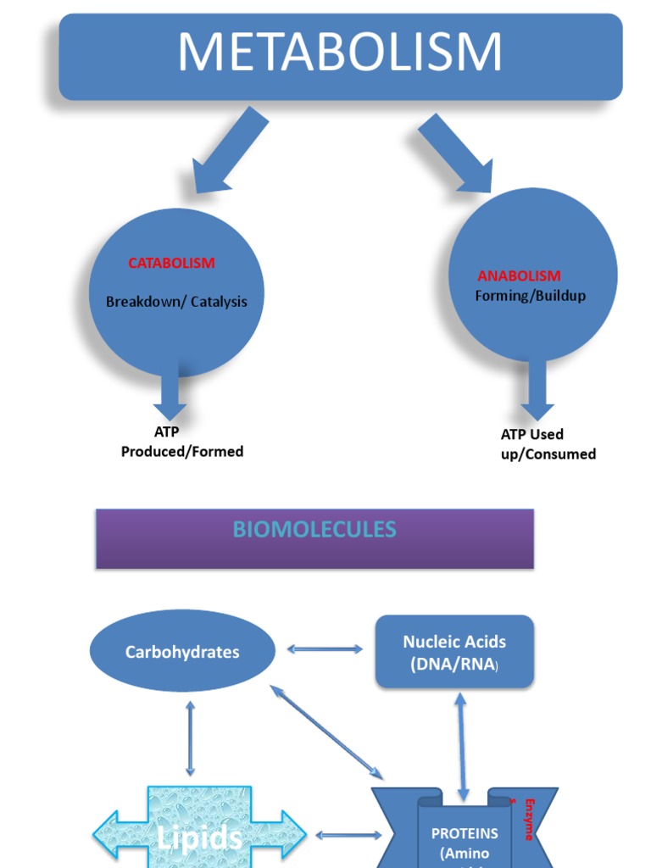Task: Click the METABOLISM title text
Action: click(340, 53)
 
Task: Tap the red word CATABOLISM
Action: click(171, 263)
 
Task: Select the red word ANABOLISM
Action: click(519, 275)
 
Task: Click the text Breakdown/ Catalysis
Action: click(176, 302)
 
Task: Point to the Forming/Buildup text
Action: click(530, 296)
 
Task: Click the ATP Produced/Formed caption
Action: click(181, 442)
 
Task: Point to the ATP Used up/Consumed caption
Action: click(548, 444)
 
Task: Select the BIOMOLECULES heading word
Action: click(314, 530)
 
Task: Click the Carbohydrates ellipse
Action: click(182, 652)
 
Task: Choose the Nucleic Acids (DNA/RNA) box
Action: click(454, 652)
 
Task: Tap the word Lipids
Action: click(199, 837)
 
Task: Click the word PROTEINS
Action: click(465, 833)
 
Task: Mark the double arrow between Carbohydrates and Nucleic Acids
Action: click(325, 649)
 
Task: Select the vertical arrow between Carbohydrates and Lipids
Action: click(190, 737)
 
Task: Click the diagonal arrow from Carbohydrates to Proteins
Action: click(326, 732)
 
